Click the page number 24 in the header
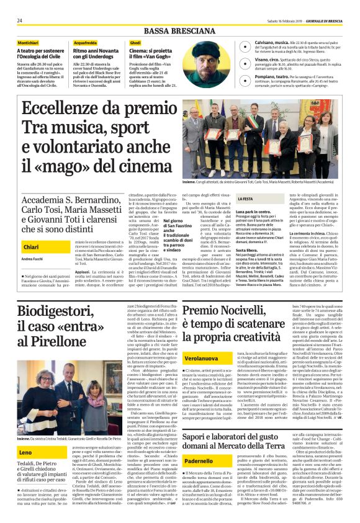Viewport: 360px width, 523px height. [x=19, y=20]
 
